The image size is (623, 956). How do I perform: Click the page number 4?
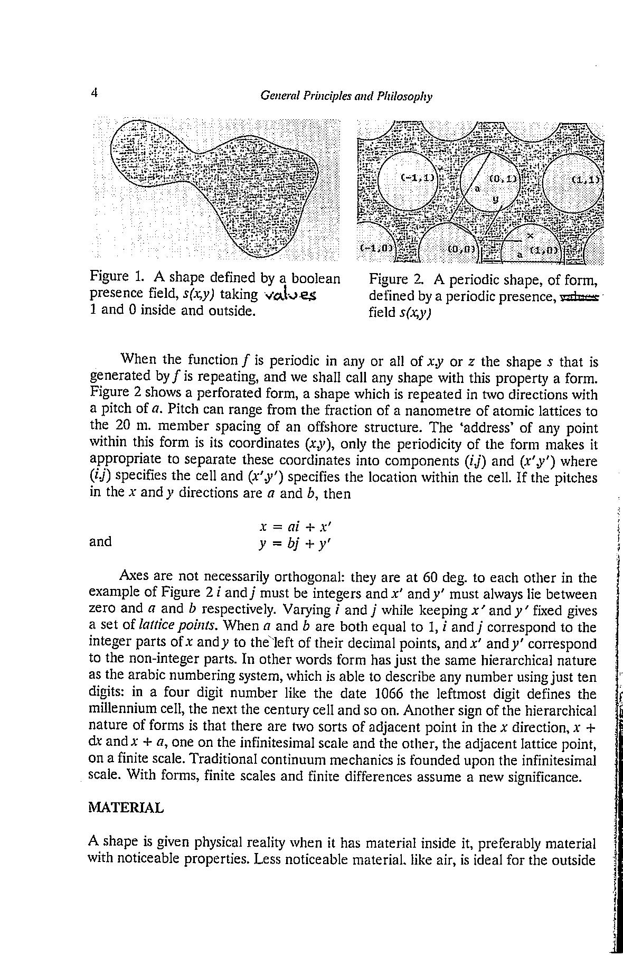[x=95, y=93]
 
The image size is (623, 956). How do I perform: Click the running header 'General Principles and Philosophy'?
[x=346, y=96]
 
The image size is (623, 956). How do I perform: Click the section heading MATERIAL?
[x=126, y=808]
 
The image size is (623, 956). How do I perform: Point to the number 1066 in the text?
[x=388, y=693]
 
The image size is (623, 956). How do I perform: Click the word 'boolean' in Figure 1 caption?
[x=316, y=277]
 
